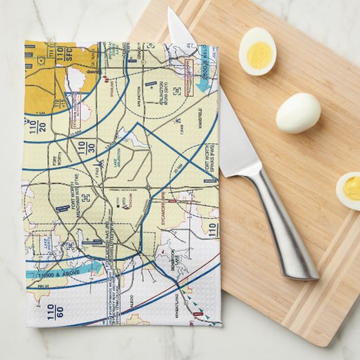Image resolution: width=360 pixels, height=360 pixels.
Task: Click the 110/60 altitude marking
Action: (52, 312)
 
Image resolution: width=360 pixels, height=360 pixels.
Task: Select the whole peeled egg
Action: (298, 112)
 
